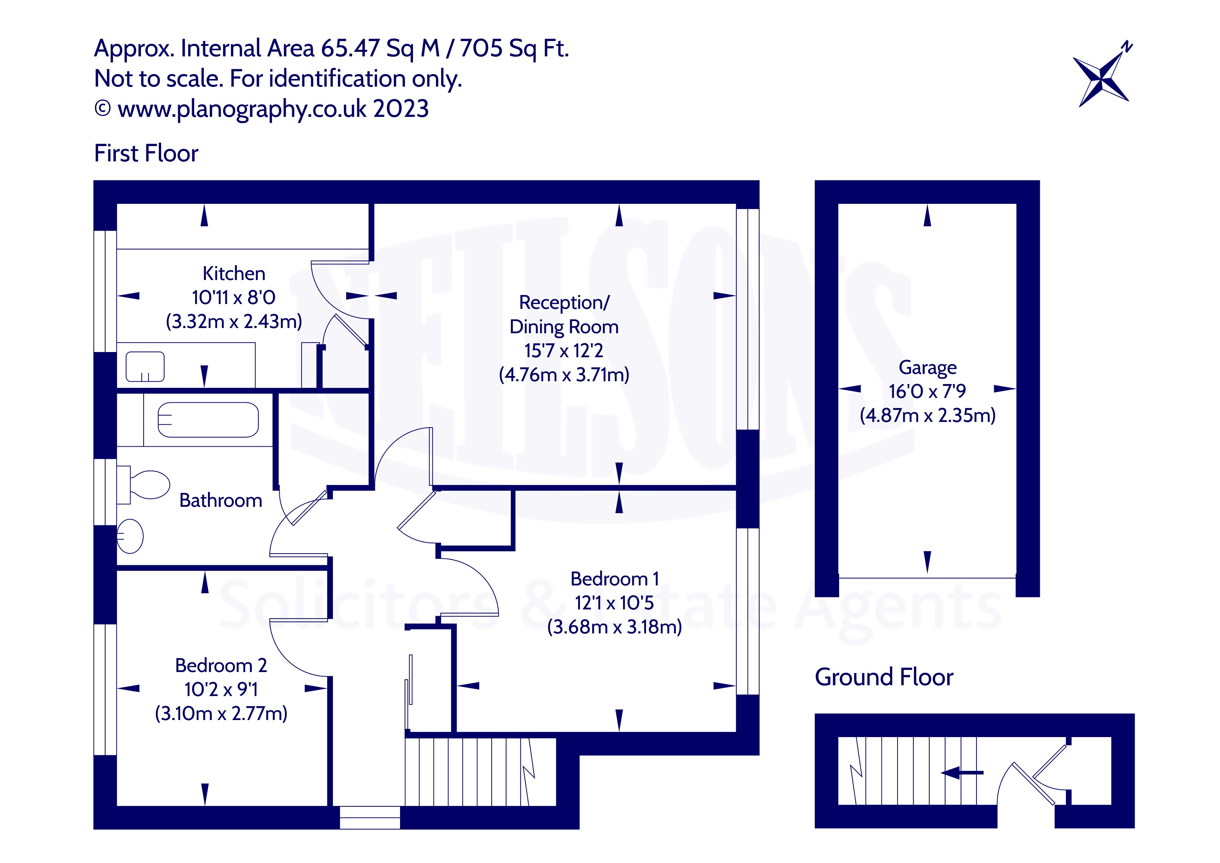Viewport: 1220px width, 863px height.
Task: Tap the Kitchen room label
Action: coord(234,274)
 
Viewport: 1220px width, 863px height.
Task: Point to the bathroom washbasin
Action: coord(130,536)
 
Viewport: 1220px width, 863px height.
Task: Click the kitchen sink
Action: coord(144,367)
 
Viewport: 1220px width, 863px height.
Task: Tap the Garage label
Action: coord(927,367)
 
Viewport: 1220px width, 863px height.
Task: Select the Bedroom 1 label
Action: coord(614,579)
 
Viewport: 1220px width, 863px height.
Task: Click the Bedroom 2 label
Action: coord(221,665)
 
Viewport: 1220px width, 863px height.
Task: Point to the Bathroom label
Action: coord(221,501)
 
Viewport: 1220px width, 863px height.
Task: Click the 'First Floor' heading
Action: coord(146,154)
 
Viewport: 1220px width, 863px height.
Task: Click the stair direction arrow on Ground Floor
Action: coord(962,772)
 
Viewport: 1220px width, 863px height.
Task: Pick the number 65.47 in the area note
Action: coord(350,48)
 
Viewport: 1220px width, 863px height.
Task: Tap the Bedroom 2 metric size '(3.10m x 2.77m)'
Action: coord(221,713)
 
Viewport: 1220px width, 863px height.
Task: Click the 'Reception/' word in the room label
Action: coord(564,302)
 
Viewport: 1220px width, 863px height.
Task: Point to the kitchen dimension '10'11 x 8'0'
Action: coord(234,298)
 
